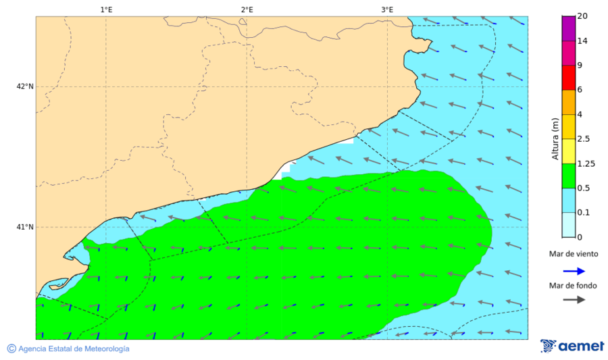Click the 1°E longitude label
[x=106, y=9]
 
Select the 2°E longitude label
[x=247, y=9]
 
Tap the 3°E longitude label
[x=387, y=9]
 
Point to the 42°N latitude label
[x=25, y=86]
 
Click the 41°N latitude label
[x=25, y=227]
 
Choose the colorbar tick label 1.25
[x=586, y=163]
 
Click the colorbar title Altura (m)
[x=555, y=138]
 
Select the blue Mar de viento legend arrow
[x=574, y=272]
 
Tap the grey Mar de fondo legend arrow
[x=574, y=299]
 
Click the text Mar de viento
[x=574, y=254]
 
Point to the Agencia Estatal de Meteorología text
[x=74, y=349]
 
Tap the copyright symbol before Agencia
[x=11, y=349]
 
